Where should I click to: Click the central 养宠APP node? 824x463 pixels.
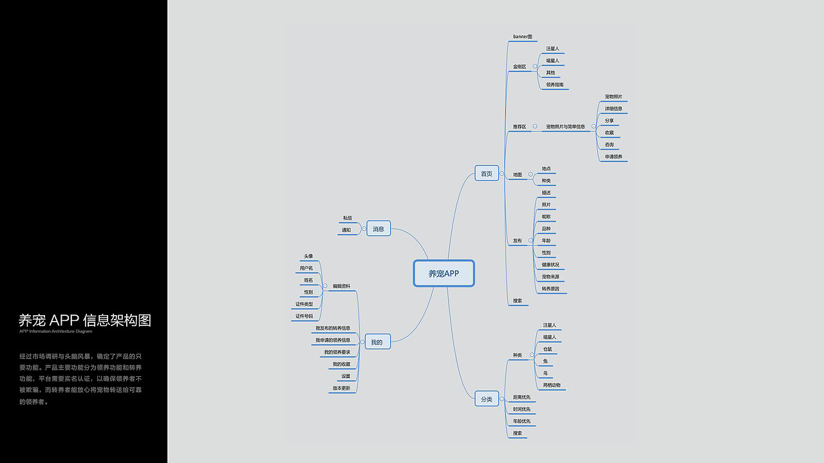(x=444, y=273)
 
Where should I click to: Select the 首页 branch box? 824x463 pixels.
(x=487, y=174)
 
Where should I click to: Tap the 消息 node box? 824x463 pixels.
(x=379, y=229)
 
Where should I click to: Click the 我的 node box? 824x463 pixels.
(x=377, y=343)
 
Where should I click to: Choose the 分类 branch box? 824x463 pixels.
(x=487, y=399)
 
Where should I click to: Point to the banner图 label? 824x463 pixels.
(x=523, y=37)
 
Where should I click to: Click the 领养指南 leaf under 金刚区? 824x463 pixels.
(x=555, y=85)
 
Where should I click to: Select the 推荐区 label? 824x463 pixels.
(x=520, y=127)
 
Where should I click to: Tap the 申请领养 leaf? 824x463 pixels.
(x=613, y=157)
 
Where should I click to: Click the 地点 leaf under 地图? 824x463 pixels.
(x=546, y=168)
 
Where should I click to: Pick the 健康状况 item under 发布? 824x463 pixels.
(x=550, y=265)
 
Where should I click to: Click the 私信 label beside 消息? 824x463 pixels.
(x=348, y=218)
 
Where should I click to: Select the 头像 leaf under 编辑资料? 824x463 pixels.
(x=308, y=256)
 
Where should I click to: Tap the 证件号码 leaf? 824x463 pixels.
(x=304, y=316)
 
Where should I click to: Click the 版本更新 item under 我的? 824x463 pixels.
(x=341, y=388)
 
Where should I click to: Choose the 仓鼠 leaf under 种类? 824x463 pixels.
(x=547, y=349)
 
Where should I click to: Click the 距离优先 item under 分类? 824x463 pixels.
(x=521, y=397)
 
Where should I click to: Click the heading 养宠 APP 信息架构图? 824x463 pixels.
(x=85, y=320)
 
